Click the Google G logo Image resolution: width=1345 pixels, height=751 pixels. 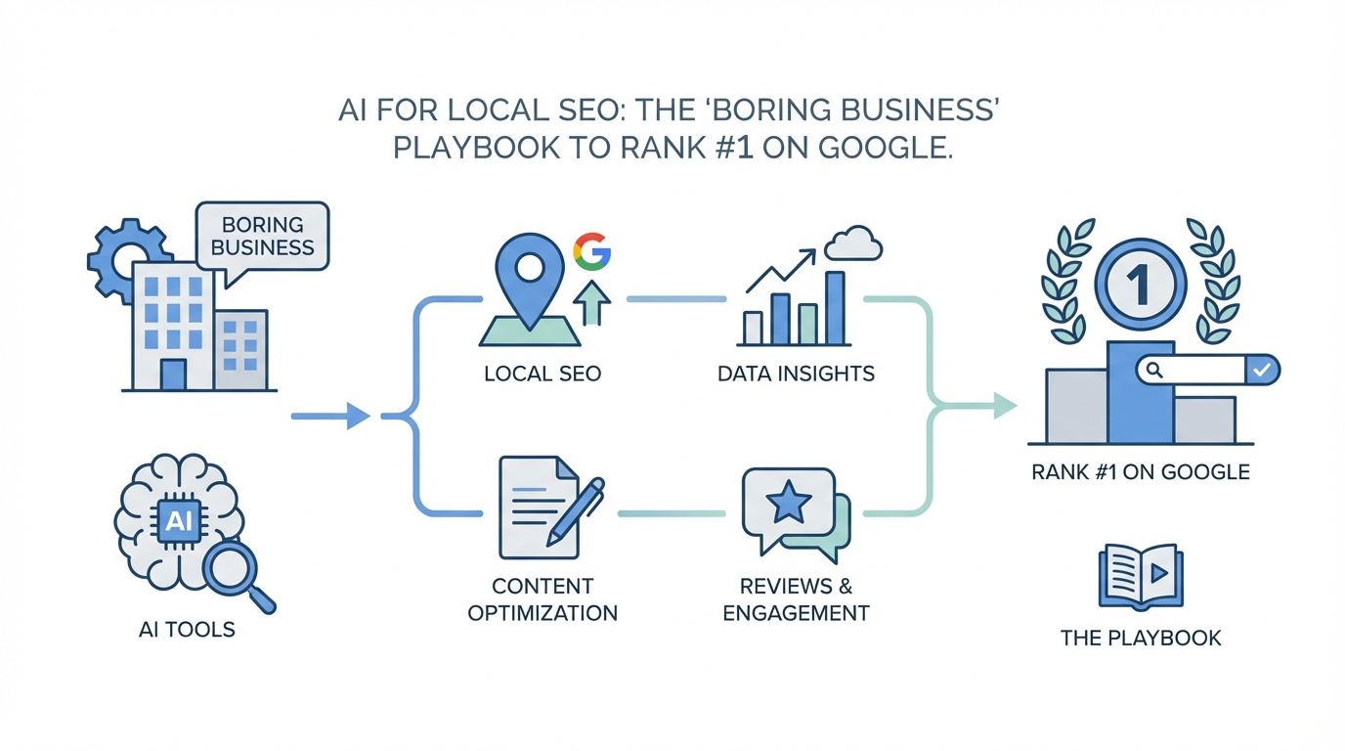coord(591,252)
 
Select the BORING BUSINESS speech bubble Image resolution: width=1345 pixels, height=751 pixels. coord(262,235)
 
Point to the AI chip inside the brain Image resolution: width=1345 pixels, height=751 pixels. coord(179,520)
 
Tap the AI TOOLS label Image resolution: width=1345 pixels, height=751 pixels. coord(187,629)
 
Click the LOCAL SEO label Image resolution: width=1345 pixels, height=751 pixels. coord(542,374)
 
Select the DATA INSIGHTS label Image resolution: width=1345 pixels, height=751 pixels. coord(795,374)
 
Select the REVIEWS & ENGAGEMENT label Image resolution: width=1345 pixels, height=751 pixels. coord(796,599)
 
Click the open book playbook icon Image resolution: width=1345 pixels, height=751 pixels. coord(1141,575)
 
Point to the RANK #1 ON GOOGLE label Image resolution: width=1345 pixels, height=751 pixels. coord(1140,471)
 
